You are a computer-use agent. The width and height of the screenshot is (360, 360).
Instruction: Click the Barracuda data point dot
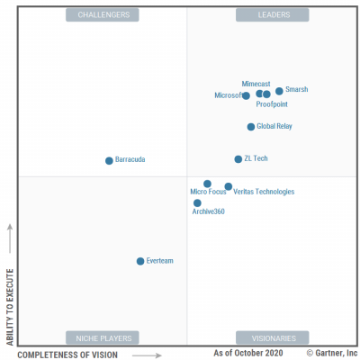pyautogui.click(x=109, y=161)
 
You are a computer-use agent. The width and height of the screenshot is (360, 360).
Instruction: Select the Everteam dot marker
pyautogui.click(x=140, y=261)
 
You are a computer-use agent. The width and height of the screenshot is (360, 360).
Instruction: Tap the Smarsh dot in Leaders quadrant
pyautogui.click(x=279, y=91)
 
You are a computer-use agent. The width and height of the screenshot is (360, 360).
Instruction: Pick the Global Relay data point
pyautogui.click(x=251, y=127)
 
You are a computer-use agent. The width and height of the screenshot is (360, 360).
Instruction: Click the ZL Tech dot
pyautogui.click(x=238, y=159)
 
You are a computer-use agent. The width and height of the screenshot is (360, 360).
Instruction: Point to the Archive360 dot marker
pyautogui.click(x=197, y=202)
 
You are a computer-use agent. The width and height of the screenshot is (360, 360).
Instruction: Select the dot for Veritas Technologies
pyautogui.click(x=229, y=186)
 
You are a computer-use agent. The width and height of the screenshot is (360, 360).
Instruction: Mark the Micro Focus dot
pyautogui.click(x=207, y=184)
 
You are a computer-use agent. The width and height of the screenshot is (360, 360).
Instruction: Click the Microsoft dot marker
pyautogui.click(x=247, y=95)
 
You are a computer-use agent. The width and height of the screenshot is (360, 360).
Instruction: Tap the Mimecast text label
pyautogui.click(x=256, y=84)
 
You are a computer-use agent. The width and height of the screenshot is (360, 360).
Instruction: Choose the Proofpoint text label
pyautogui.click(x=272, y=104)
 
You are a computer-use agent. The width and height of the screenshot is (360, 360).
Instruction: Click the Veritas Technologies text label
pyautogui.click(x=264, y=192)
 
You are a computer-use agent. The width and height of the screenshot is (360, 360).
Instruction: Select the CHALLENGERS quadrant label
pyautogui.click(x=103, y=15)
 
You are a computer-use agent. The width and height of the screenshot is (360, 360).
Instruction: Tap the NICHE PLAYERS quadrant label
pyautogui.click(x=103, y=338)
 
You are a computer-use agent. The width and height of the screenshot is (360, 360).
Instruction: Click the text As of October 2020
pyautogui.click(x=247, y=354)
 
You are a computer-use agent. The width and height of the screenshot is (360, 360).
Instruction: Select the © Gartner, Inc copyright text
pyautogui.click(x=331, y=354)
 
